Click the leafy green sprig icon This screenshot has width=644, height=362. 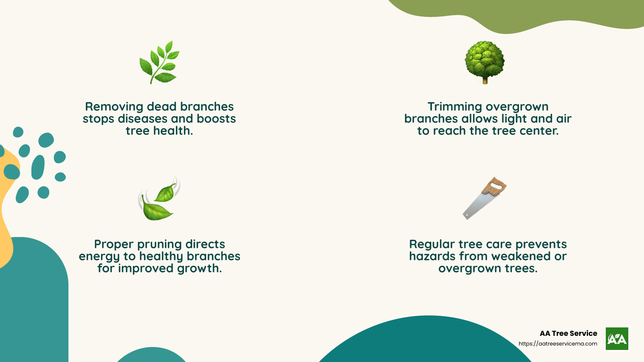[x=159, y=62]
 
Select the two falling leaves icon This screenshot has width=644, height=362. [x=159, y=199]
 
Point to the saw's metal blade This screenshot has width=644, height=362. [x=477, y=205]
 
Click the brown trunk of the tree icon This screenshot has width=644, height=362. [x=485, y=81]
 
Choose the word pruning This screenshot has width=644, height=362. [x=159, y=245]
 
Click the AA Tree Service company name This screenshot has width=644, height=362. [x=568, y=333]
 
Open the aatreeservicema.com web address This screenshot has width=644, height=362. [x=558, y=344]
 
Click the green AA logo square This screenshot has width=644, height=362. [x=617, y=339]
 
